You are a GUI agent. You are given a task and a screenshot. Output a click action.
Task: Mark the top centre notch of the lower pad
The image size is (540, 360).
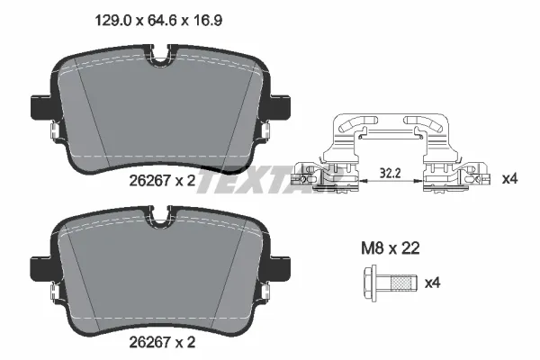(162, 216)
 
